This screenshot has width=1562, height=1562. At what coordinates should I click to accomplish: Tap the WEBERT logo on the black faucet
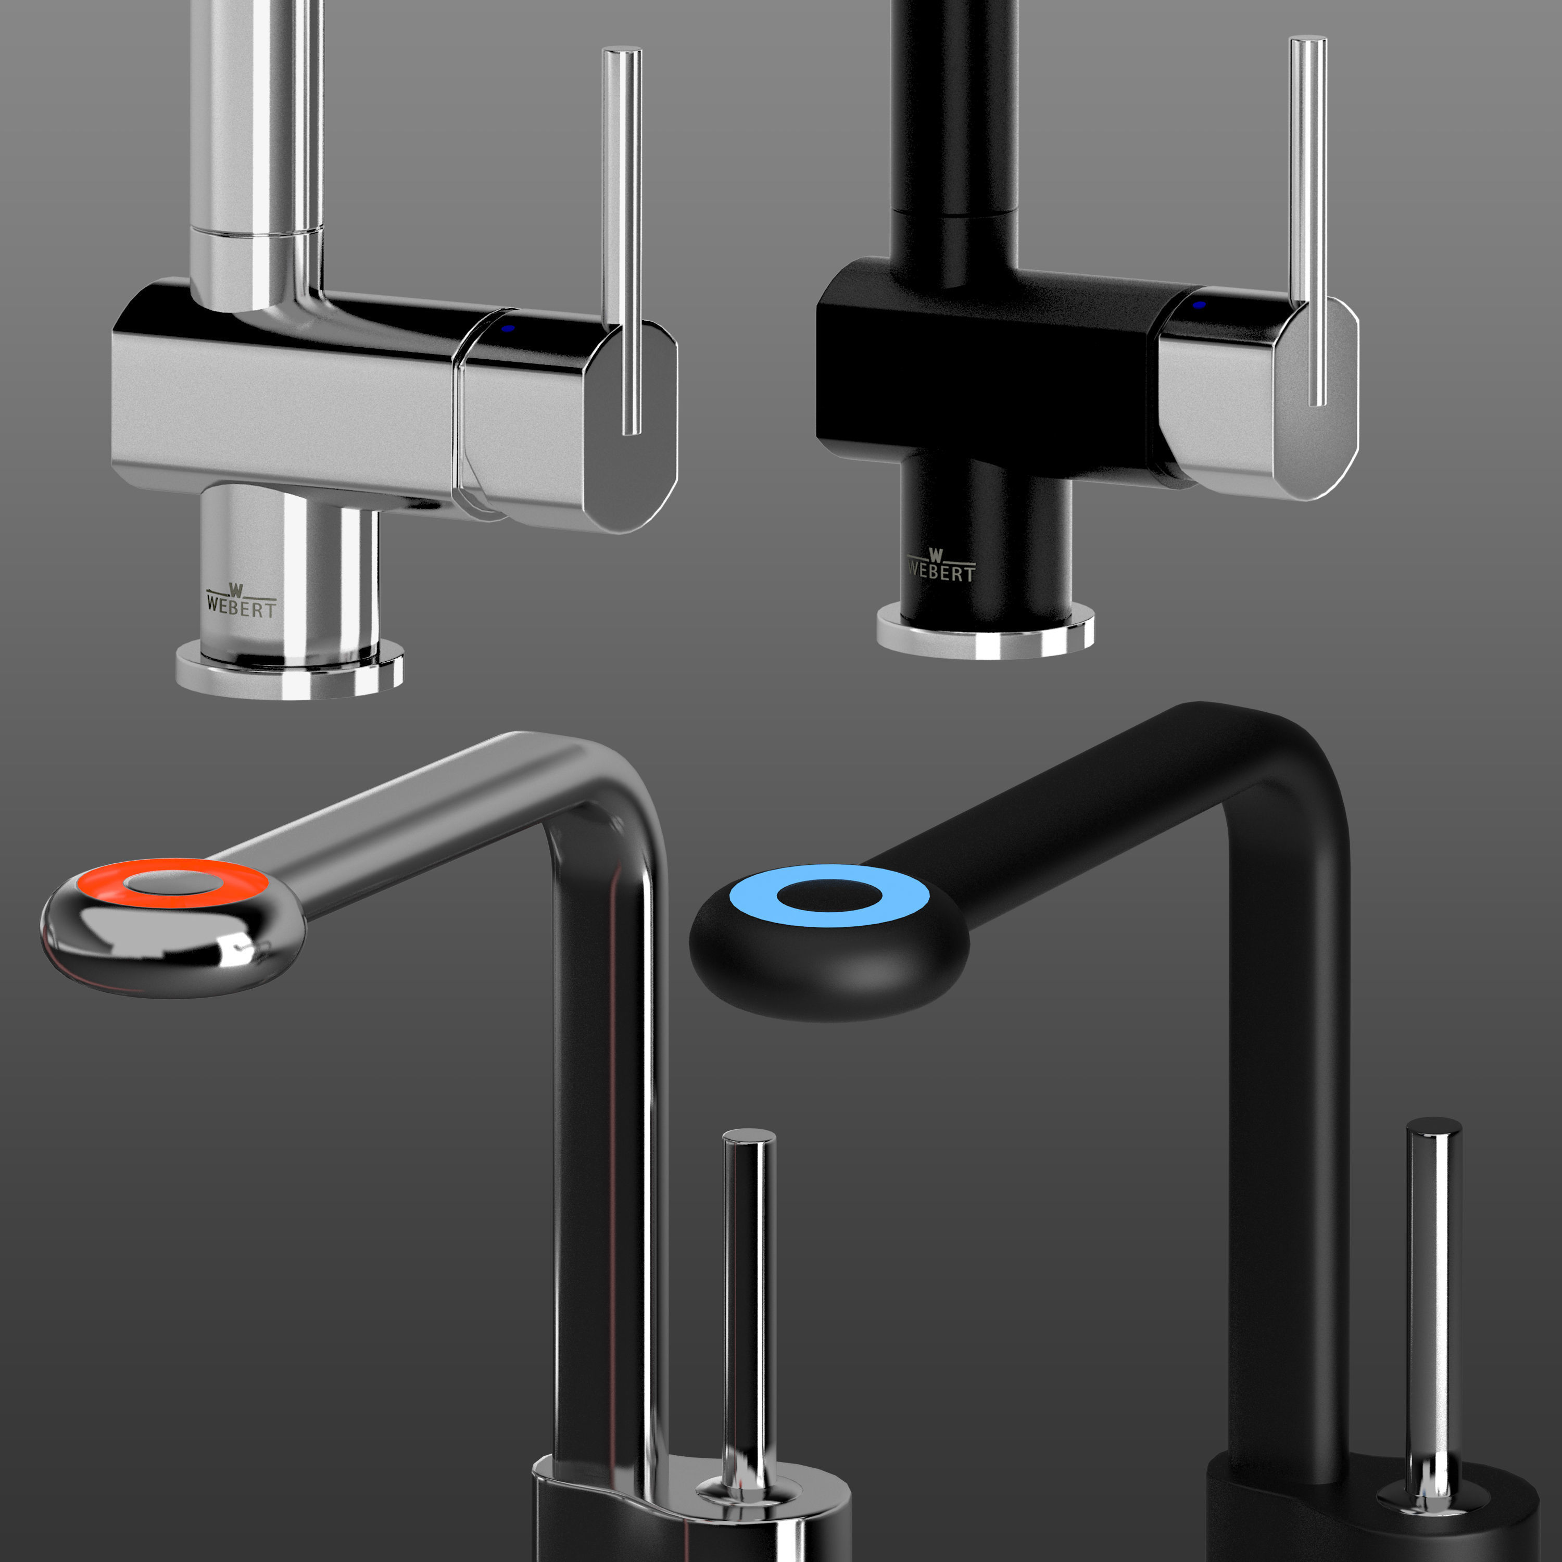pyautogui.click(x=940, y=568)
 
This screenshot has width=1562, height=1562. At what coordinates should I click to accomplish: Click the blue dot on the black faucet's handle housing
pyautogui.click(x=1199, y=305)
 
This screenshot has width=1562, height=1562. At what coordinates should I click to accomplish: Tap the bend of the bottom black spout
pyautogui.click(x=1286, y=776)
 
